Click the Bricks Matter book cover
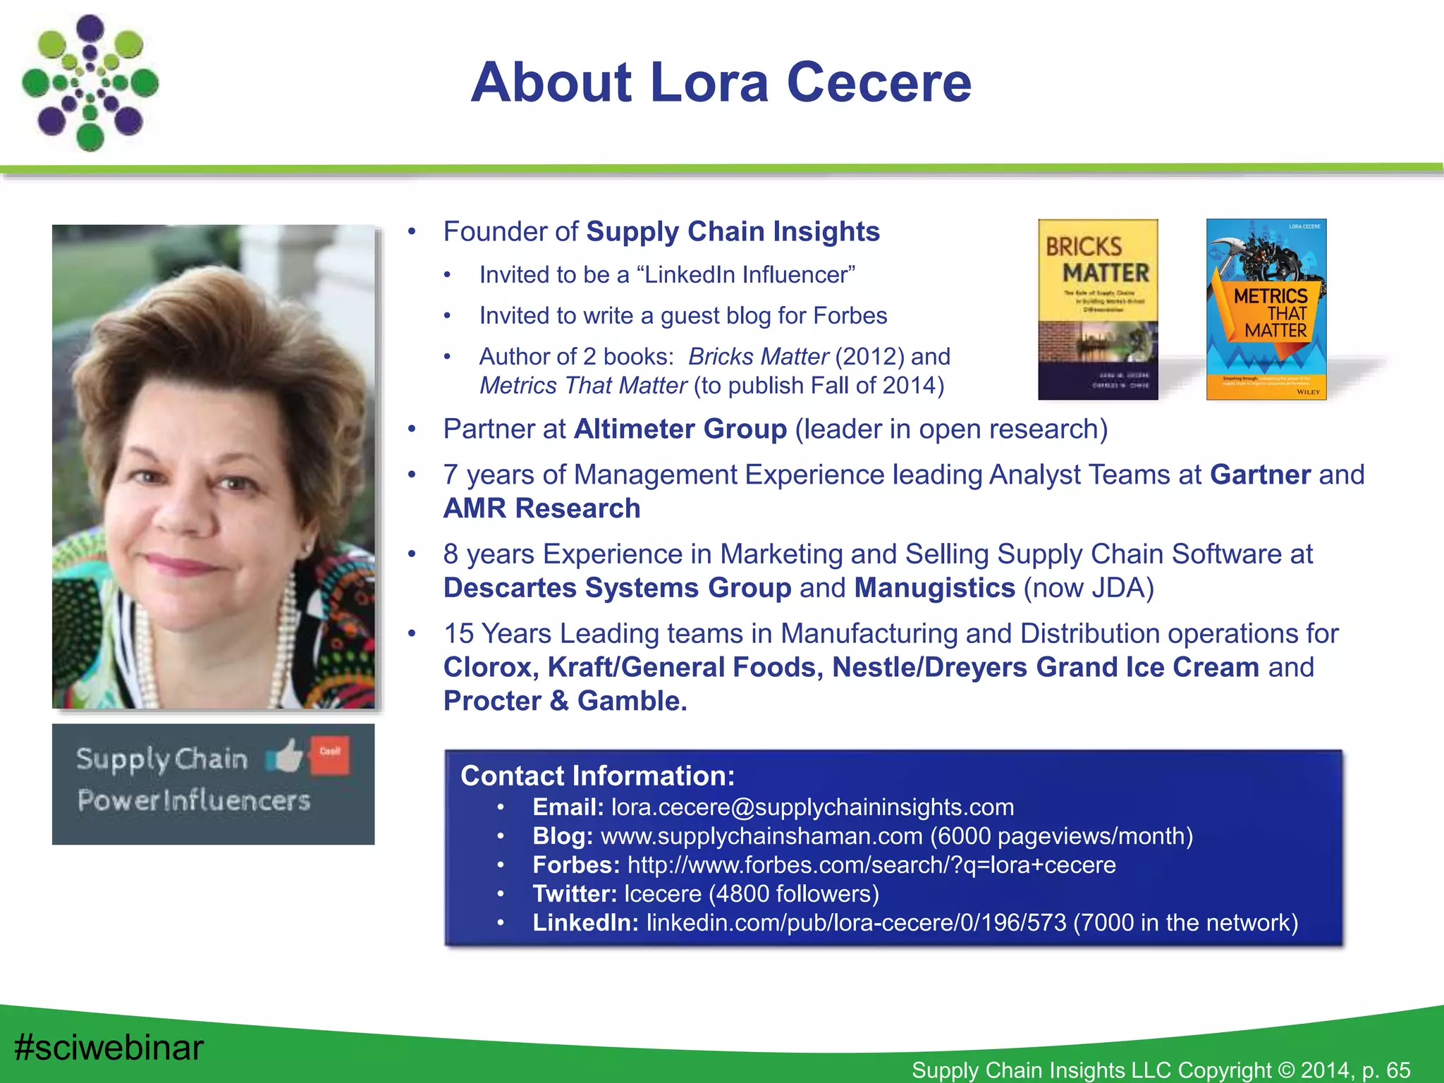click(x=1098, y=309)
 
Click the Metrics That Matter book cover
click(x=1266, y=309)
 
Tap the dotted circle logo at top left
click(x=90, y=83)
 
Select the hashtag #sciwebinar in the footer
click(x=109, y=1047)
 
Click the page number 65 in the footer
click(x=1397, y=1070)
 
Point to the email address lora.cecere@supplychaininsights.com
click(x=812, y=807)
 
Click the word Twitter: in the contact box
click(x=575, y=893)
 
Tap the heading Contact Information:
click(x=597, y=776)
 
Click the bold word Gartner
click(x=1261, y=475)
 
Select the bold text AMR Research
click(x=541, y=508)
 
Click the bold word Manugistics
click(x=934, y=588)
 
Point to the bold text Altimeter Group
click(x=680, y=429)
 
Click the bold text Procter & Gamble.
click(x=565, y=701)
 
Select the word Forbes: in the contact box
click(x=576, y=864)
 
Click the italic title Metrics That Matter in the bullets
click(x=583, y=386)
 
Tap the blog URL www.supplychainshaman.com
click(x=761, y=836)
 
